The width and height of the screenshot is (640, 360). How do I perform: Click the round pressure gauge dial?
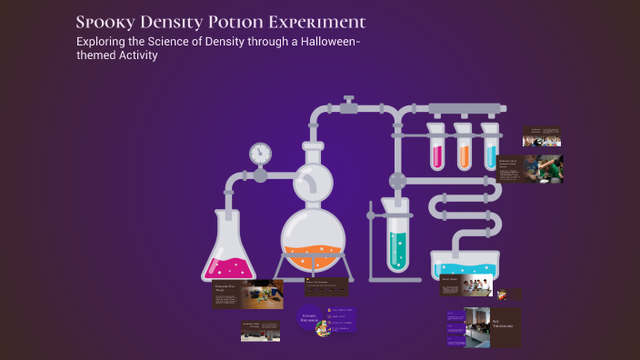pyautogui.click(x=261, y=151)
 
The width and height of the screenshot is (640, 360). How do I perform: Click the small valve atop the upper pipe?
pyautogui.click(x=347, y=102)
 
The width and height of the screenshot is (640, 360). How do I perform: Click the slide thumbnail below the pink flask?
pyautogui.click(x=247, y=294)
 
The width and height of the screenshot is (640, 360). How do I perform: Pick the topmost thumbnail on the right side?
pyautogui.click(x=541, y=136)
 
